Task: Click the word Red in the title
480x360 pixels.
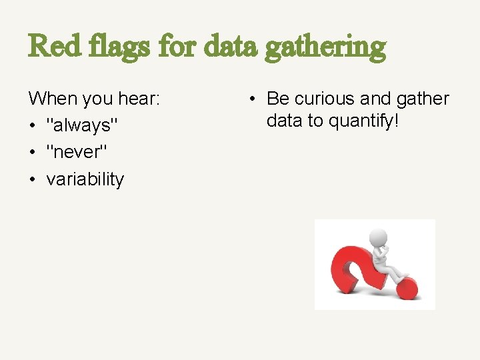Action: tap(51, 46)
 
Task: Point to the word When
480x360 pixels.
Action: tap(53, 99)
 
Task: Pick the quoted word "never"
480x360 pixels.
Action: tap(76, 153)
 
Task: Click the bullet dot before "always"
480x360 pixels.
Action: tap(33, 126)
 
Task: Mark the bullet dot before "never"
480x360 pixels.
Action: tap(33, 153)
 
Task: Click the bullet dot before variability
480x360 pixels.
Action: tap(33, 179)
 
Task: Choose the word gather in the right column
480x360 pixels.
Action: tap(424, 99)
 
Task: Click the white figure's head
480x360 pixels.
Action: tap(379, 237)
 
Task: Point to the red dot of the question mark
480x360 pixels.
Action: tap(407, 288)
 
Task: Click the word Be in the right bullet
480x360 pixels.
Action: tap(277, 99)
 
